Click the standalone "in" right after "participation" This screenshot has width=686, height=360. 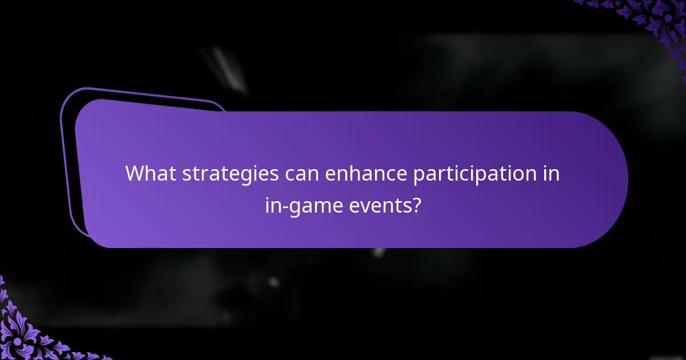551,173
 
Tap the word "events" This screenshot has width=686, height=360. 380,205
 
